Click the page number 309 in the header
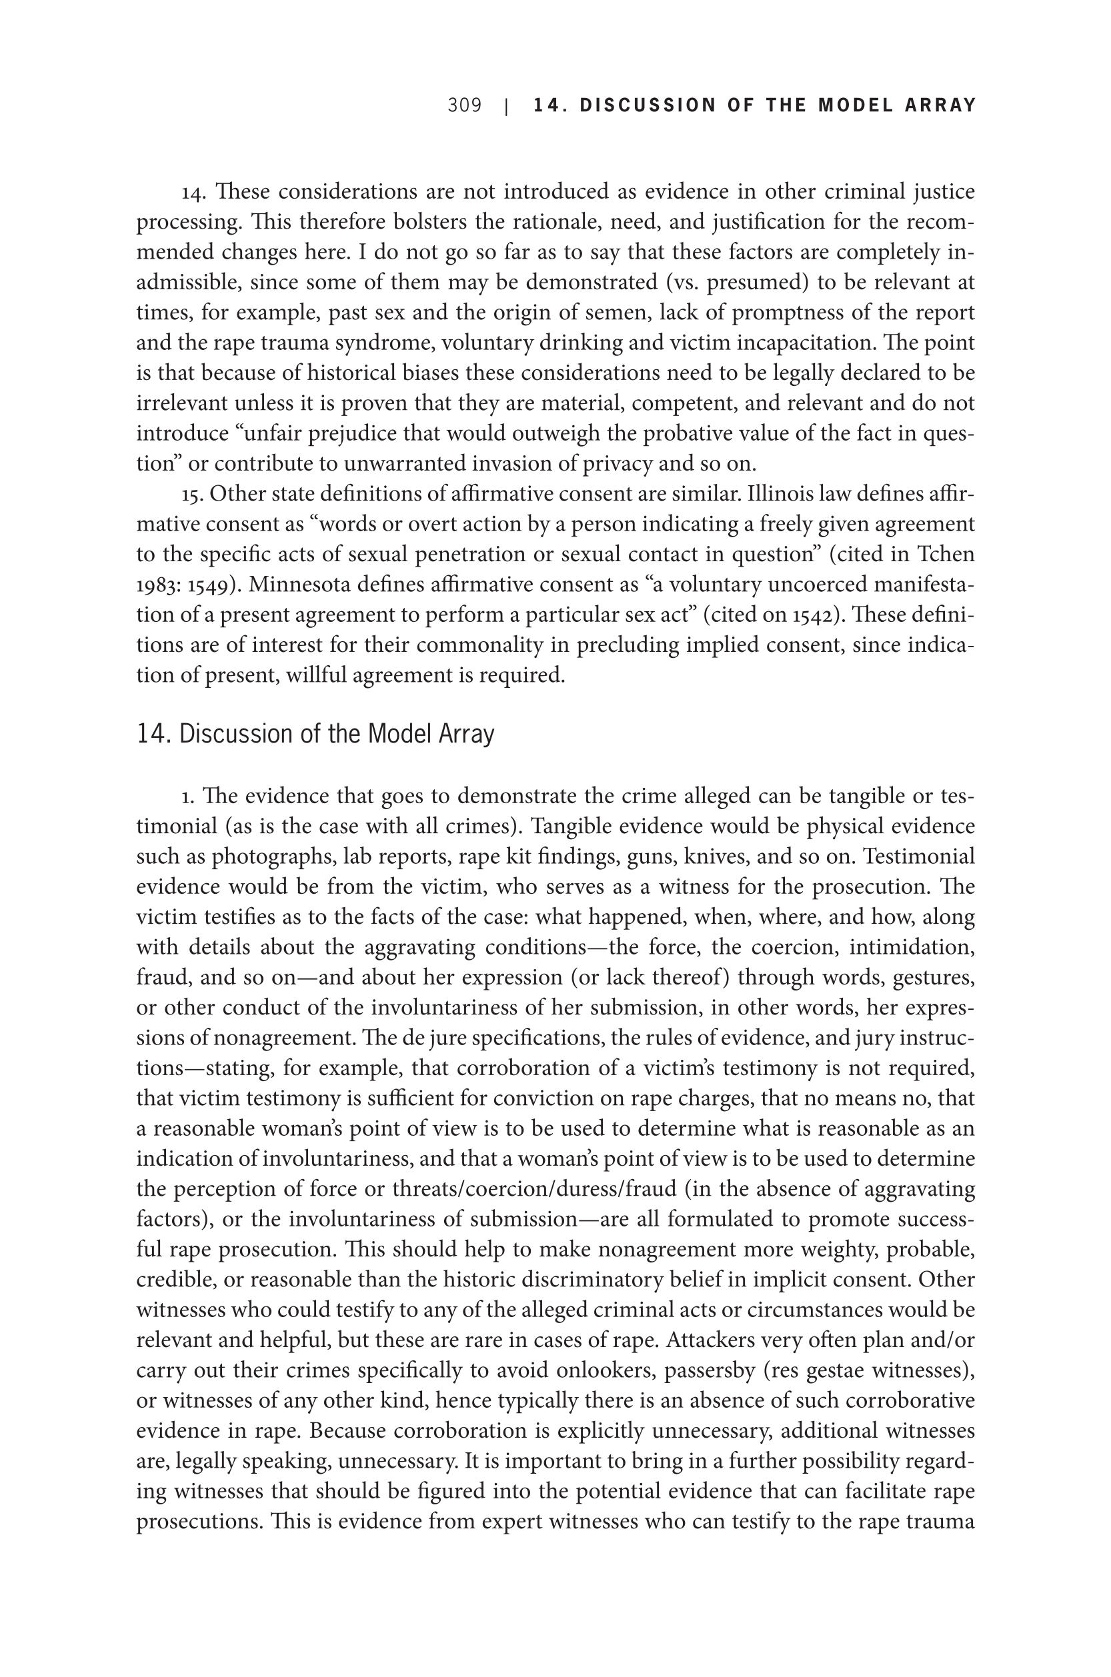464,105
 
